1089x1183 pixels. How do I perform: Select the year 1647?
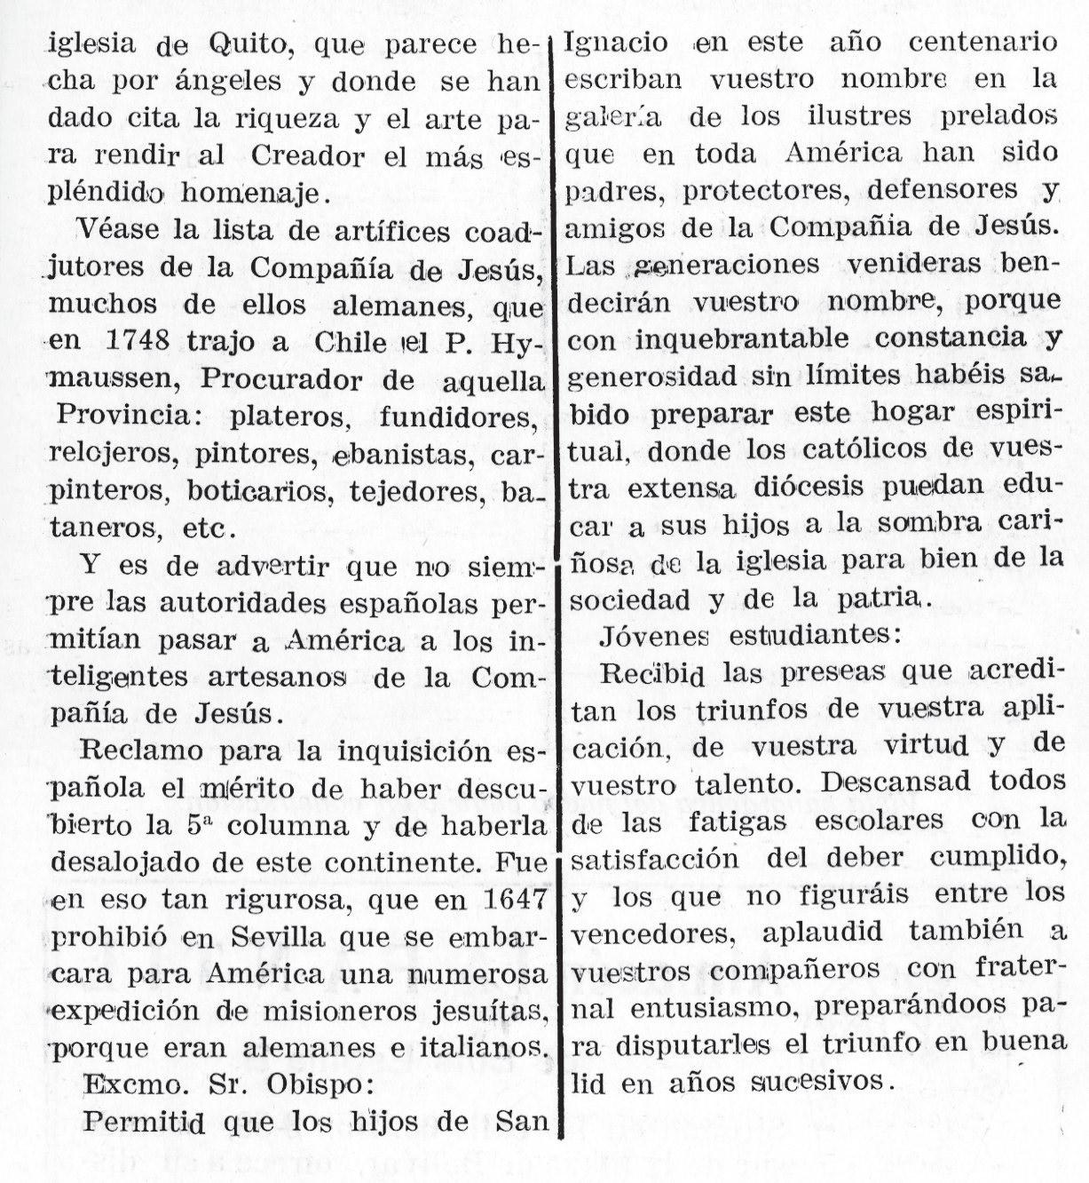[507, 899]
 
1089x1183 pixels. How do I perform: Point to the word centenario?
[982, 42]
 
